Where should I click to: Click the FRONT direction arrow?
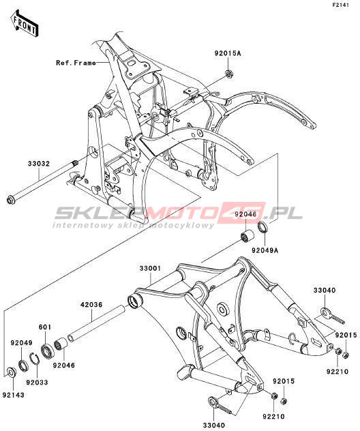[x=24, y=24]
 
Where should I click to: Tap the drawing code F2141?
[x=340, y=5]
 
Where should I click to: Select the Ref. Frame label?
[x=76, y=63]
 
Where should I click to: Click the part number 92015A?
[x=228, y=53]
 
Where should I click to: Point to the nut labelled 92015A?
[x=228, y=74]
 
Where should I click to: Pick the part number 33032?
[x=39, y=164]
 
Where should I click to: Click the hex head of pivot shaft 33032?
[x=12, y=199]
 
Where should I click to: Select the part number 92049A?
[x=265, y=250]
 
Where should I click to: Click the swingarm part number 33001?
[x=150, y=268]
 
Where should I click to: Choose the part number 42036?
[x=91, y=305]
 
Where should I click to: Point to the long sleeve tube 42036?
[x=97, y=323]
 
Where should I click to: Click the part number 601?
[x=45, y=327]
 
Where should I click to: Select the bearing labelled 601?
[x=48, y=350]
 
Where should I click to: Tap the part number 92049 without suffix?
[x=22, y=343]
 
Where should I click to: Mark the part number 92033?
[x=37, y=382]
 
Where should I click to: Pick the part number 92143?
[x=14, y=395]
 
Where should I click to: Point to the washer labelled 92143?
[x=11, y=372]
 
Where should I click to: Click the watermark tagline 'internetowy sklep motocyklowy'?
[x=133, y=226]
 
